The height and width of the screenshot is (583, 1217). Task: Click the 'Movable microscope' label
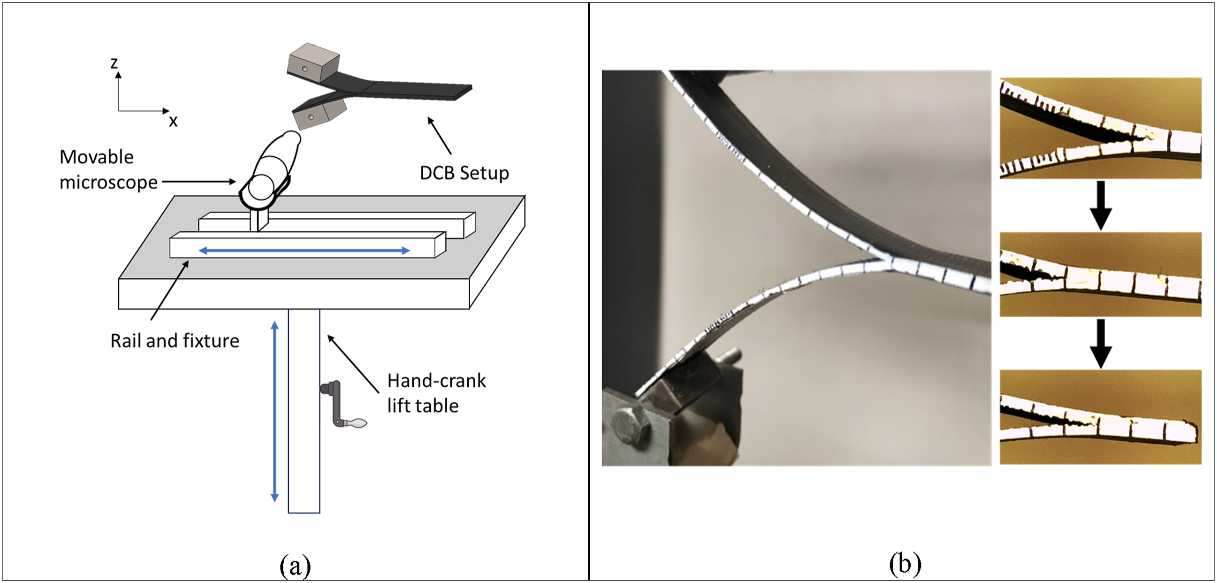coord(108,169)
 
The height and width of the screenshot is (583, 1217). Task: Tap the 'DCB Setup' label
coord(464,173)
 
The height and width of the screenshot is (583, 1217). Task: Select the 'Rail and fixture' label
coord(175,340)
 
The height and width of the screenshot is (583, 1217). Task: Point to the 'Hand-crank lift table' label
coord(436,393)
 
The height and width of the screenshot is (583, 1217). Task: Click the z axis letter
coord(114,63)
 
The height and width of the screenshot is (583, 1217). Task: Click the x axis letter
coord(174,122)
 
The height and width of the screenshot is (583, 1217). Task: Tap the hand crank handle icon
coord(342,405)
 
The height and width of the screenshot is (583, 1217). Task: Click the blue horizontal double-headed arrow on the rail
coord(304,251)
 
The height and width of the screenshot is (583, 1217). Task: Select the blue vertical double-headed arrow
coord(274,411)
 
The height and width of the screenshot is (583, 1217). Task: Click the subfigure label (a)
coord(295,565)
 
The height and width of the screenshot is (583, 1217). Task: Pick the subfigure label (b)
coord(905,564)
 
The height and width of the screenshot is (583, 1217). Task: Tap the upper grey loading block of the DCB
coord(313,61)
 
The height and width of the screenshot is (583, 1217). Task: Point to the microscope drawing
coord(269,170)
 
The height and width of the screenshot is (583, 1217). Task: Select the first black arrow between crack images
coord(1100,206)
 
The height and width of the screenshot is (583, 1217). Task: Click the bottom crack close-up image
coord(1100,416)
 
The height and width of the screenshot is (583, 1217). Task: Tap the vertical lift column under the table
coord(304,411)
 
